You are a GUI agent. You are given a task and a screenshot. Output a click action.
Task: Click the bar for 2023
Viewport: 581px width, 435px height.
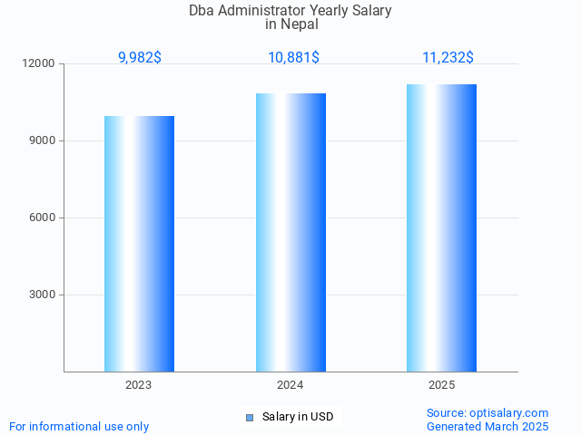[x=139, y=244]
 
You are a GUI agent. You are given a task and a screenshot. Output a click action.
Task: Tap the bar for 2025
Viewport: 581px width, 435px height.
[x=441, y=227]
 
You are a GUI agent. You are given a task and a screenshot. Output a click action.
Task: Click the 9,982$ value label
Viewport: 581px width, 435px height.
[x=140, y=58]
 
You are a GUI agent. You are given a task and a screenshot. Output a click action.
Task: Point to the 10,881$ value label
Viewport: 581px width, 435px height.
[x=293, y=58]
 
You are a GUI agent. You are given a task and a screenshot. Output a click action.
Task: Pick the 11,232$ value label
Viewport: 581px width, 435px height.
[x=448, y=58]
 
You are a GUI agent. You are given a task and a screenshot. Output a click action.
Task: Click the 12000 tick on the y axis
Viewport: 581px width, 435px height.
[x=40, y=64]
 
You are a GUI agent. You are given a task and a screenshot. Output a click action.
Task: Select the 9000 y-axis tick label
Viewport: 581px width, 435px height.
[x=43, y=141]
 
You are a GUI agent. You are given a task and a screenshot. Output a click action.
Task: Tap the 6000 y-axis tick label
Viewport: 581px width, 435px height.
[x=43, y=218]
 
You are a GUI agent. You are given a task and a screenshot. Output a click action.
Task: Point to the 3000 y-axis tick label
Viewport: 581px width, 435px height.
[x=43, y=295]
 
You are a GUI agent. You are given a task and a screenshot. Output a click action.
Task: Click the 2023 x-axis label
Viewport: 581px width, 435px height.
[x=139, y=385]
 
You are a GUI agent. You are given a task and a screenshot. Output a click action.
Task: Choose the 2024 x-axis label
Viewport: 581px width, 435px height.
[x=290, y=385]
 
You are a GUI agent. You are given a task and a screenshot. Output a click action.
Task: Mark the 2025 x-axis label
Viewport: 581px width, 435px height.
[x=441, y=385]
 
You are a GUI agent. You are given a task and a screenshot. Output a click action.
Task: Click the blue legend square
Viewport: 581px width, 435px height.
[x=250, y=418]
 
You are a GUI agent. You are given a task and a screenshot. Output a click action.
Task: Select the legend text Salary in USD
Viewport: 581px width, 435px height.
[x=298, y=418]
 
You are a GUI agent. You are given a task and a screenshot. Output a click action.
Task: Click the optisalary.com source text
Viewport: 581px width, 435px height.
[x=487, y=412]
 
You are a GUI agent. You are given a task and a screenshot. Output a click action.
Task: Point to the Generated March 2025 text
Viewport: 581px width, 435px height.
[x=487, y=426]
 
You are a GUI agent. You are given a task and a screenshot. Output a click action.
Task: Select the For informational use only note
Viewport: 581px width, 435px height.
[x=79, y=426]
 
